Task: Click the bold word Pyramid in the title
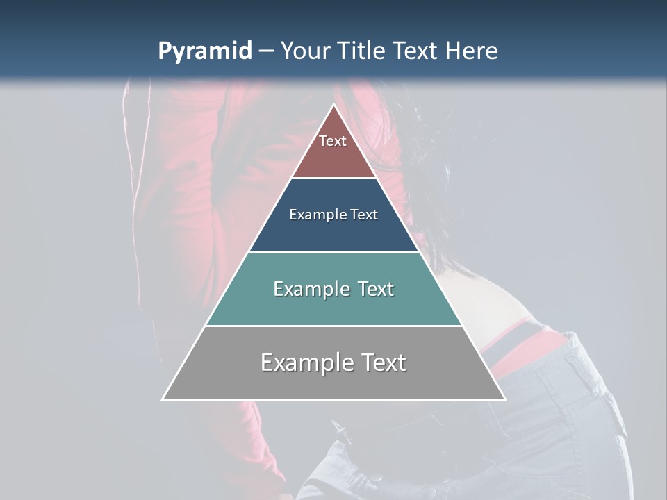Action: [x=204, y=51]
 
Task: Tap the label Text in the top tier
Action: [x=333, y=141]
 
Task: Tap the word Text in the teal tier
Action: [x=376, y=289]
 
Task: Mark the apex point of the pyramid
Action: [x=333, y=105]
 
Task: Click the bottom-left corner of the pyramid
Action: [x=163, y=399]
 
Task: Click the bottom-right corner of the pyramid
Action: [x=504, y=399]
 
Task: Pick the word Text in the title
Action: [x=418, y=51]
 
